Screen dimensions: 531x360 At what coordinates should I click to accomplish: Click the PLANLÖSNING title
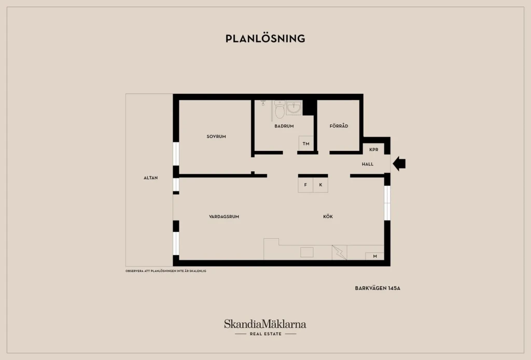265,38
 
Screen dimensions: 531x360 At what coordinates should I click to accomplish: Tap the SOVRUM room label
216,136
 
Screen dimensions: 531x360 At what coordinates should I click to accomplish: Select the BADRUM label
284,126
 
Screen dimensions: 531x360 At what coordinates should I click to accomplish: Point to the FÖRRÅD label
339,126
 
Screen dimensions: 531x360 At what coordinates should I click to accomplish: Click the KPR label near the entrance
374,149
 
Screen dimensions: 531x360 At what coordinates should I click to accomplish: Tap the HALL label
368,164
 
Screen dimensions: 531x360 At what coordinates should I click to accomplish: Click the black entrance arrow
399,164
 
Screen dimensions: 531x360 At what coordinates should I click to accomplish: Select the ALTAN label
151,178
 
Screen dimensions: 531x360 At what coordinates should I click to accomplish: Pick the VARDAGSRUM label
224,217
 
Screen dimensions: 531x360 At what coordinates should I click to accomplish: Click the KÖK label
328,216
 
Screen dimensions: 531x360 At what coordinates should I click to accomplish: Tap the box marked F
305,185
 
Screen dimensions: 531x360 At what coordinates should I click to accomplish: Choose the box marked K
320,185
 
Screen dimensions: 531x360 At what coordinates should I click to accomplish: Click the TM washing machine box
306,144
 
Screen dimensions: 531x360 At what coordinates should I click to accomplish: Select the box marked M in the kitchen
374,256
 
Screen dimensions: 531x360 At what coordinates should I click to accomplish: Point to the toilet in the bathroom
280,109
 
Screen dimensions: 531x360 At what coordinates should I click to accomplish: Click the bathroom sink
294,108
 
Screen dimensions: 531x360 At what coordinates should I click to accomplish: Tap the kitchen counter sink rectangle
307,252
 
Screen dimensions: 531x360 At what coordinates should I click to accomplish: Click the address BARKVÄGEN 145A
378,288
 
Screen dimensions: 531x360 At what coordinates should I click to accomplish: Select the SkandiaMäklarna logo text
265,324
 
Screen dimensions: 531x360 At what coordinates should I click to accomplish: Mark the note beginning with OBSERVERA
166,271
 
